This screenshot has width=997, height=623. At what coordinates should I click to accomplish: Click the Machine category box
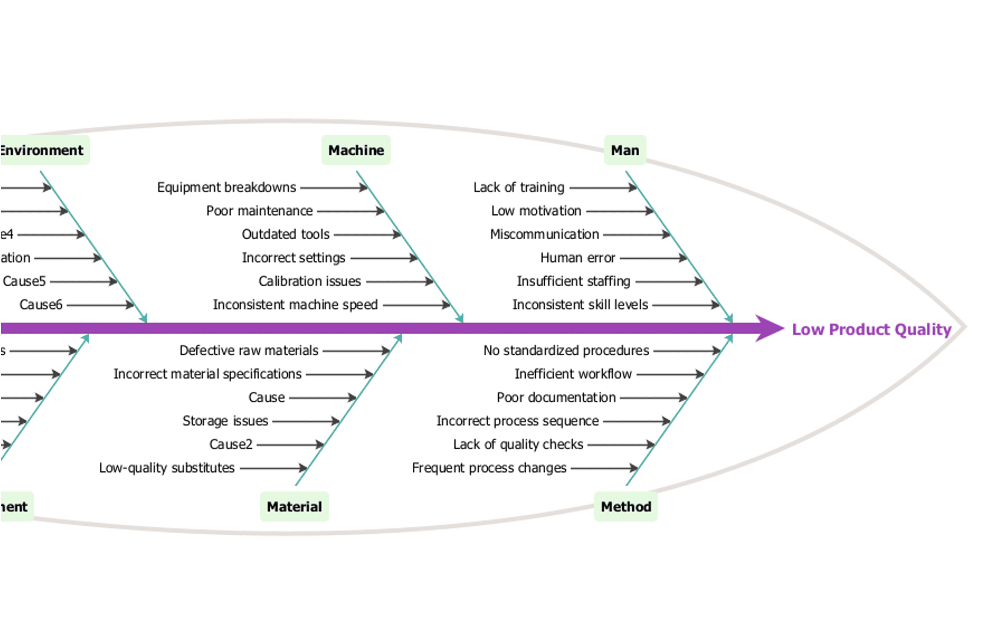356,150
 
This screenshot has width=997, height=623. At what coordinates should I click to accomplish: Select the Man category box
625,150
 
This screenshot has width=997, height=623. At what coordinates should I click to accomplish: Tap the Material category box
294,507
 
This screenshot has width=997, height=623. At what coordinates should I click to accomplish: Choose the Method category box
626,507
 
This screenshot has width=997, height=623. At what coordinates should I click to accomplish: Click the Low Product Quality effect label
871,329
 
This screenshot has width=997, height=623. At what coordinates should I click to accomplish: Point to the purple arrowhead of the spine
769,328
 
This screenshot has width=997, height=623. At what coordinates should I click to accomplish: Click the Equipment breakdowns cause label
227,187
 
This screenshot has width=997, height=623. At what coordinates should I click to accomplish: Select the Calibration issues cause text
310,281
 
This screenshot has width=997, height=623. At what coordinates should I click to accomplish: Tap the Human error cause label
578,258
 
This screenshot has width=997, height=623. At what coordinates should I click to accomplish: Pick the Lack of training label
519,187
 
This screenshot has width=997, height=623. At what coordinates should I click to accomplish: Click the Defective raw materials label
249,351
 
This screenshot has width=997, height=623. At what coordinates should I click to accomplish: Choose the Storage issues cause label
225,421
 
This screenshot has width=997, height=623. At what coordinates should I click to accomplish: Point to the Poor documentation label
556,398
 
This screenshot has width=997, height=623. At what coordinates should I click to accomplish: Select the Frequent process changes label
489,468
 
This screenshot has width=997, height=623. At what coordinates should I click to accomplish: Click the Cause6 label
41,305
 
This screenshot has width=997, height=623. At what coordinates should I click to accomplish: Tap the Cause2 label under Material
231,445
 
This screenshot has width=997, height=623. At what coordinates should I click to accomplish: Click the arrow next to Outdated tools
367,235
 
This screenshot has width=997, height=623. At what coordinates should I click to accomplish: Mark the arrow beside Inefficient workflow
670,374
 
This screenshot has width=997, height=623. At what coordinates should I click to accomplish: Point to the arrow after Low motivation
620,211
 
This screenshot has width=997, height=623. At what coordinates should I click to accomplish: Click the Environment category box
44,150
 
